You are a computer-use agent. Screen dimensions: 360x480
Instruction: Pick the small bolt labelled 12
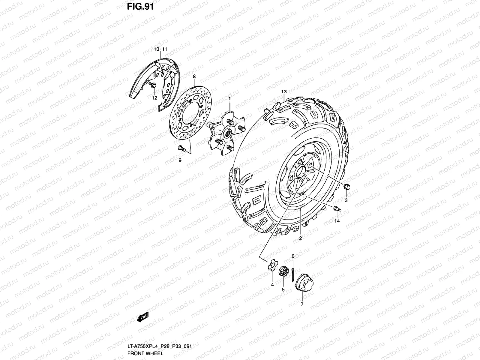point(152,86)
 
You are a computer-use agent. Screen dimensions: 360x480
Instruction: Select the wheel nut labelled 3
point(346,187)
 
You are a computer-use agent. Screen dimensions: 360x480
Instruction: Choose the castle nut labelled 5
point(283,272)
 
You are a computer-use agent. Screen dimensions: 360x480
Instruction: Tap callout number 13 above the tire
point(284,91)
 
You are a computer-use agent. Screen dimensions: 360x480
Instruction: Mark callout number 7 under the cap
point(302,304)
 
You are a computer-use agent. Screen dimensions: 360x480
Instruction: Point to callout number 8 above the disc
point(194,77)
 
